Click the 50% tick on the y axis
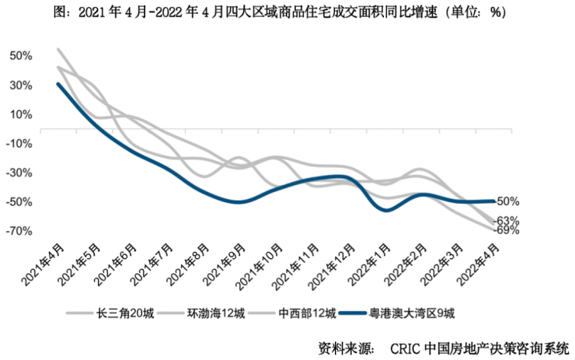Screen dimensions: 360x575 pyautogui.click(x=21, y=56)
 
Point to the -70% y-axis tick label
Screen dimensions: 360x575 pyautogui.click(x=19, y=231)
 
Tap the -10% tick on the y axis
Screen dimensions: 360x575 pyautogui.click(x=19, y=143)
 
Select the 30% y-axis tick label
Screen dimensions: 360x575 pyautogui.click(x=21, y=85)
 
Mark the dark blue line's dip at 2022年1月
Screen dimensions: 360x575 pyautogui.click(x=386, y=211)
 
